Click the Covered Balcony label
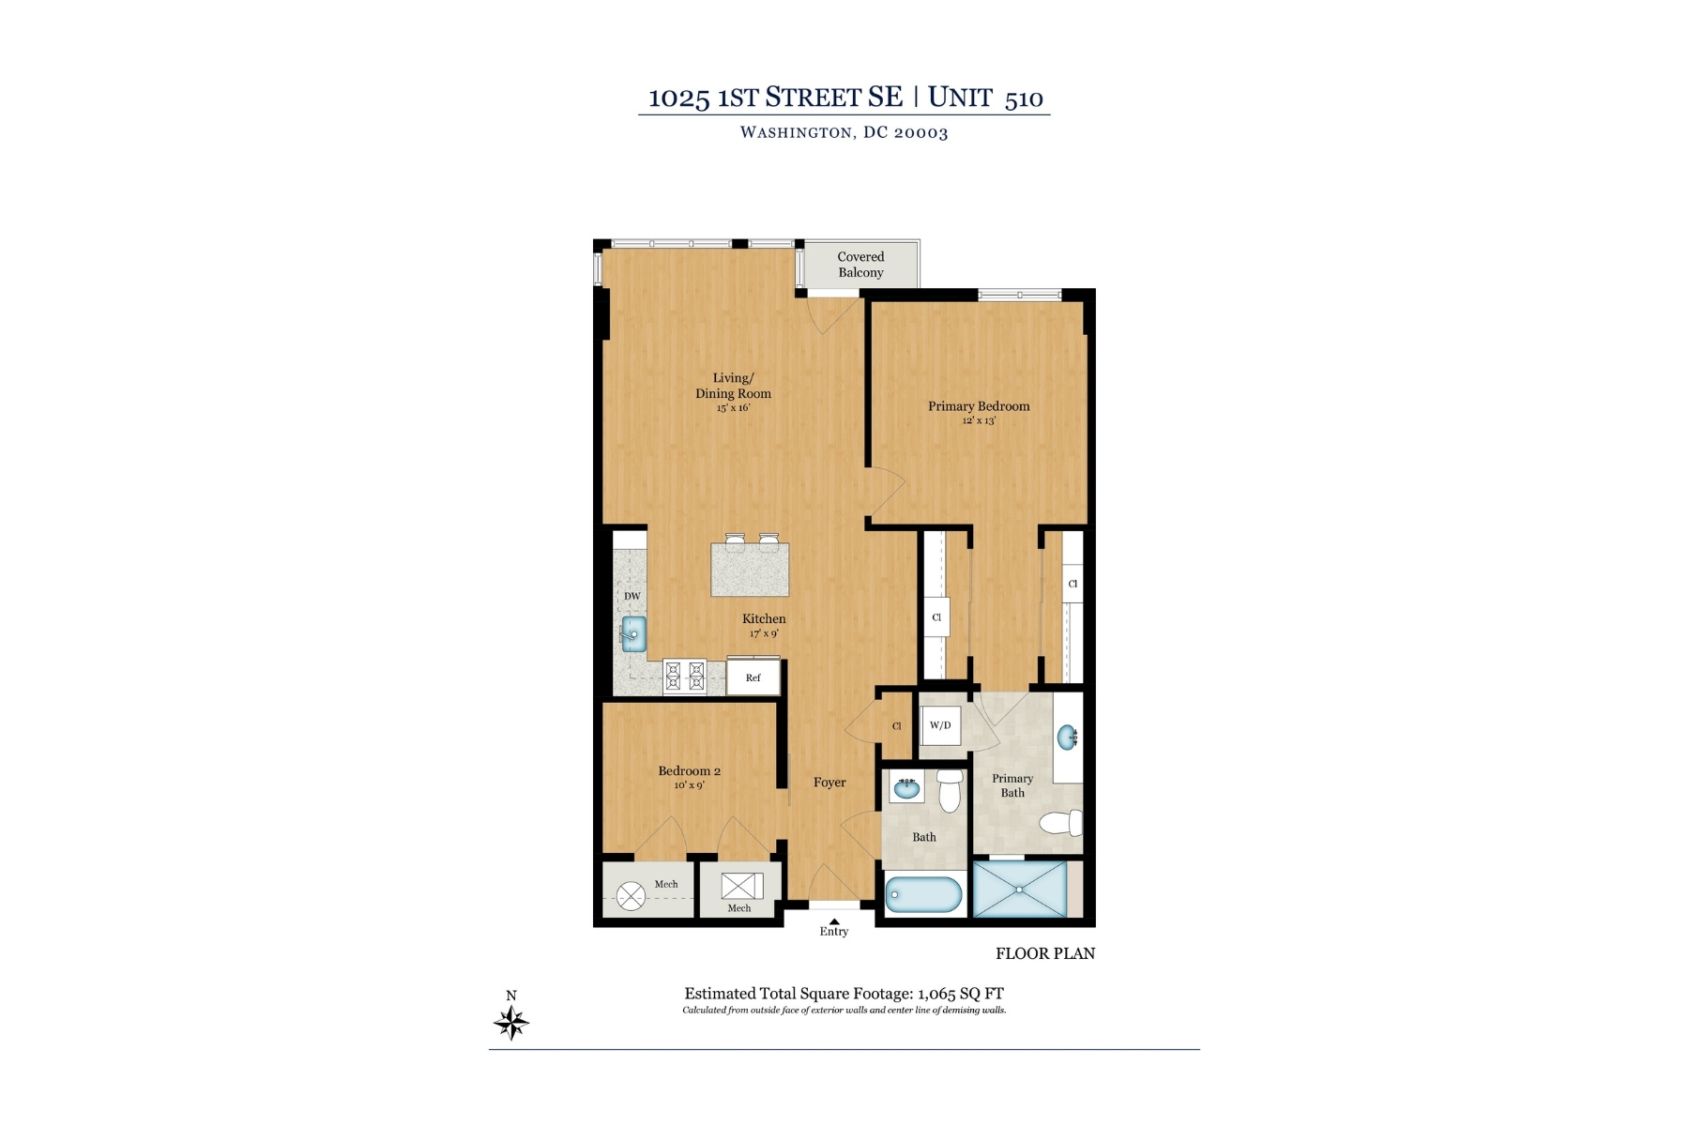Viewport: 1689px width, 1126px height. [x=860, y=265]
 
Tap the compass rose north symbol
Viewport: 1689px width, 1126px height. [x=511, y=1021]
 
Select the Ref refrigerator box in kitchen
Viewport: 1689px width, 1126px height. [x=753, y=677]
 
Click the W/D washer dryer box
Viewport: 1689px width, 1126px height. [x=939, y=725]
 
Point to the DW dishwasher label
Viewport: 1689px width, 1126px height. [x=632, y=596]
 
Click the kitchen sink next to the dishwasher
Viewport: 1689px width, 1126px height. [x=633, y=633]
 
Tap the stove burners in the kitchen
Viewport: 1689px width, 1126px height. [x=684, y=676]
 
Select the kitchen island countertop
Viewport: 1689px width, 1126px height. [x=750, y=571]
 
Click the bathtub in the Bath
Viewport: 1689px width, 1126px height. [x=923, y=894]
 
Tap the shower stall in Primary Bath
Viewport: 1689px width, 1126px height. [x=1019, y=889]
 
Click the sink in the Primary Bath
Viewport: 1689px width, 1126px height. [x=1067, y=738]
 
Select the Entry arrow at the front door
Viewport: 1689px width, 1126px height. [x=833, y=921]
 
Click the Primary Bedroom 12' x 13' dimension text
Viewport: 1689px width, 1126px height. [x=979, y=421]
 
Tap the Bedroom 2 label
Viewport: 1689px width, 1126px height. [x=689, y=771]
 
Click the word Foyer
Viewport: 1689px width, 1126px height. [x=829, y=783]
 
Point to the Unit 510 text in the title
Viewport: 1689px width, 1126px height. [x=985, y=98]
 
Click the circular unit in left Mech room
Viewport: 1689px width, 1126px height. [x=631, y=896]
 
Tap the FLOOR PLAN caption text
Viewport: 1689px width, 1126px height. [x=1045, y=953]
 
